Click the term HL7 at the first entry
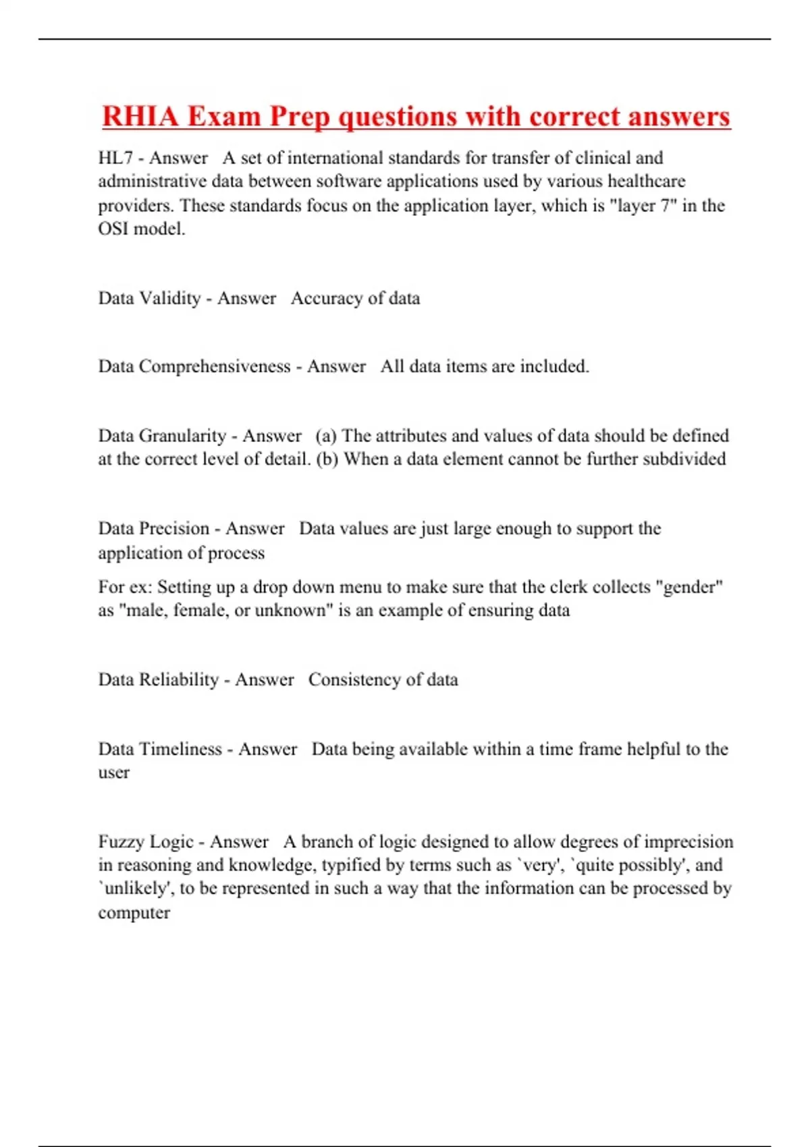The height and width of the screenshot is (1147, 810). coord(115,158)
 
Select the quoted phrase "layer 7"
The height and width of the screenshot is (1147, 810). coord(638,205)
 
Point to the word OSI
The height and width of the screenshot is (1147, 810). coord(113,229)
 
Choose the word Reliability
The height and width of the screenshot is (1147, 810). coord(178,679)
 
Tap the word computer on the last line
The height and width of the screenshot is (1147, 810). coord(134,913)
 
